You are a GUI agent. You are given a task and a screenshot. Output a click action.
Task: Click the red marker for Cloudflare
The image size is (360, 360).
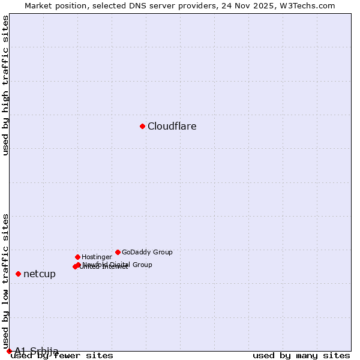point(142,126)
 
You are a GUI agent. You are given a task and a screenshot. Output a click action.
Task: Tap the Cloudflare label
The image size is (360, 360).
point(172,127)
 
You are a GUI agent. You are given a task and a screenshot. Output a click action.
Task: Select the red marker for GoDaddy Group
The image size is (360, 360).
point(118,252)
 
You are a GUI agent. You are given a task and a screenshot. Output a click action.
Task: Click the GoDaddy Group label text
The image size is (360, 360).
point(147,253)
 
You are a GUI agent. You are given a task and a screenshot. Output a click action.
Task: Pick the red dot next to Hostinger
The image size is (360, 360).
point(77,257)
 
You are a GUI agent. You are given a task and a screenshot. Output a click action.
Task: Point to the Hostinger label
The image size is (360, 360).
point(97,257)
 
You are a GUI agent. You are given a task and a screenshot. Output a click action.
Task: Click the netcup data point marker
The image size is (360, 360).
point(18,274)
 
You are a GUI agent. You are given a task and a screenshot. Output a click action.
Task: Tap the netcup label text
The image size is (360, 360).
point(40,274)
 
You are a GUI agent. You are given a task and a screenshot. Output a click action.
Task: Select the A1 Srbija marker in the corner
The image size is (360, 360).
point(9,351)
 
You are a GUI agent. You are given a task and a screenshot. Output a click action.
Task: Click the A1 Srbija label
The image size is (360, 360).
point(37,351)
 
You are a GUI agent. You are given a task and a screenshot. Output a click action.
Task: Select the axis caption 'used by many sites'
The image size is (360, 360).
point(301,356)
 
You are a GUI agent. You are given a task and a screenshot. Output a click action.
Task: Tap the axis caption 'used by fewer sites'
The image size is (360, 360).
point(62,356)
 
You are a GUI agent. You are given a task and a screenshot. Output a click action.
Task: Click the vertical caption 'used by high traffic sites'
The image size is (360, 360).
point(6,85)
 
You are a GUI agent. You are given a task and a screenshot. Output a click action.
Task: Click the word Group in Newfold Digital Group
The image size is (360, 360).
point(141,265)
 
